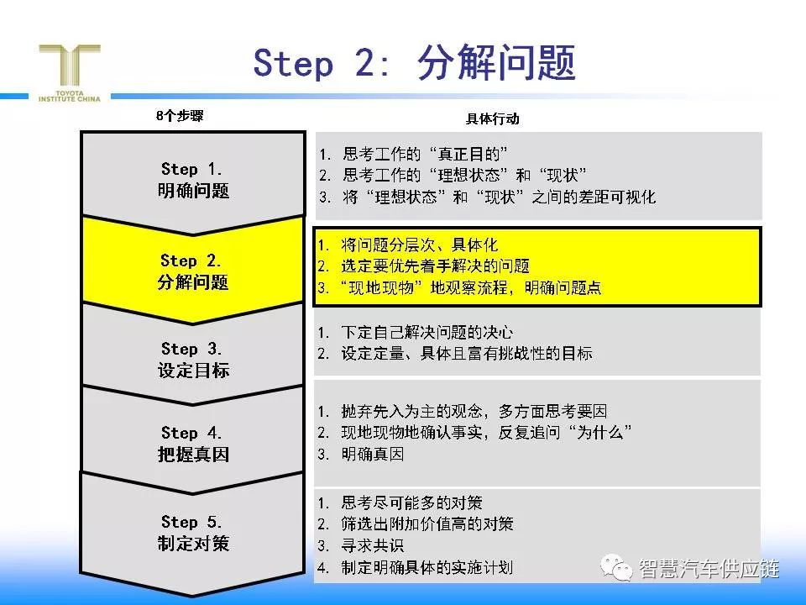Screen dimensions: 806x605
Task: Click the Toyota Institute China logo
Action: tap(70, 72)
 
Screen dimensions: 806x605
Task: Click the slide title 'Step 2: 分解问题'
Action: tap(414, 63)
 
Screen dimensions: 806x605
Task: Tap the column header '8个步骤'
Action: tap(180, 116)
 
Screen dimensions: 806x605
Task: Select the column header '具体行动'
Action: tap(493, 118)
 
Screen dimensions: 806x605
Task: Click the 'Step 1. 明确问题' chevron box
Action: tap(193, 180)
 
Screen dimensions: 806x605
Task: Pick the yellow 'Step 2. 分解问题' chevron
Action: tap(193, 271)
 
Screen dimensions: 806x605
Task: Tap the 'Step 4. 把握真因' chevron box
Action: tap(193, 443)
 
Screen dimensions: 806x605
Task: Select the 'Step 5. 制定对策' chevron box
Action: tap(193, 533)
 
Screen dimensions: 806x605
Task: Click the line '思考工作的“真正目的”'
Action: tap(425, 154)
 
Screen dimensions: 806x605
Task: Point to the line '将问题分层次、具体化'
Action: tap(419, 245)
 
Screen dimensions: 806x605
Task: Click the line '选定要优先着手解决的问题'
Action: tap(435, 266)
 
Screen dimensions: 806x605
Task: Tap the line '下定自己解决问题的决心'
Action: tap(427, 333)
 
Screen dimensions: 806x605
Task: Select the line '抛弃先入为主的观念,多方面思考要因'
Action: tap(474, 411)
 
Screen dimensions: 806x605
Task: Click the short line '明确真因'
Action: tap(372, 455)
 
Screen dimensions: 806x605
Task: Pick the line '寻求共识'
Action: tap(372, 545)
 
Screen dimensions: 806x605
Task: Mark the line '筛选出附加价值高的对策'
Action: tap(427, 523)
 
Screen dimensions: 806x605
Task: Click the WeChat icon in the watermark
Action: tap(615, 567)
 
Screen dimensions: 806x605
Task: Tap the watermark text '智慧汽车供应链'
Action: tap(709, 569)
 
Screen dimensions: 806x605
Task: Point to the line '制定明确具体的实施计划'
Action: tap(427, 567)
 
